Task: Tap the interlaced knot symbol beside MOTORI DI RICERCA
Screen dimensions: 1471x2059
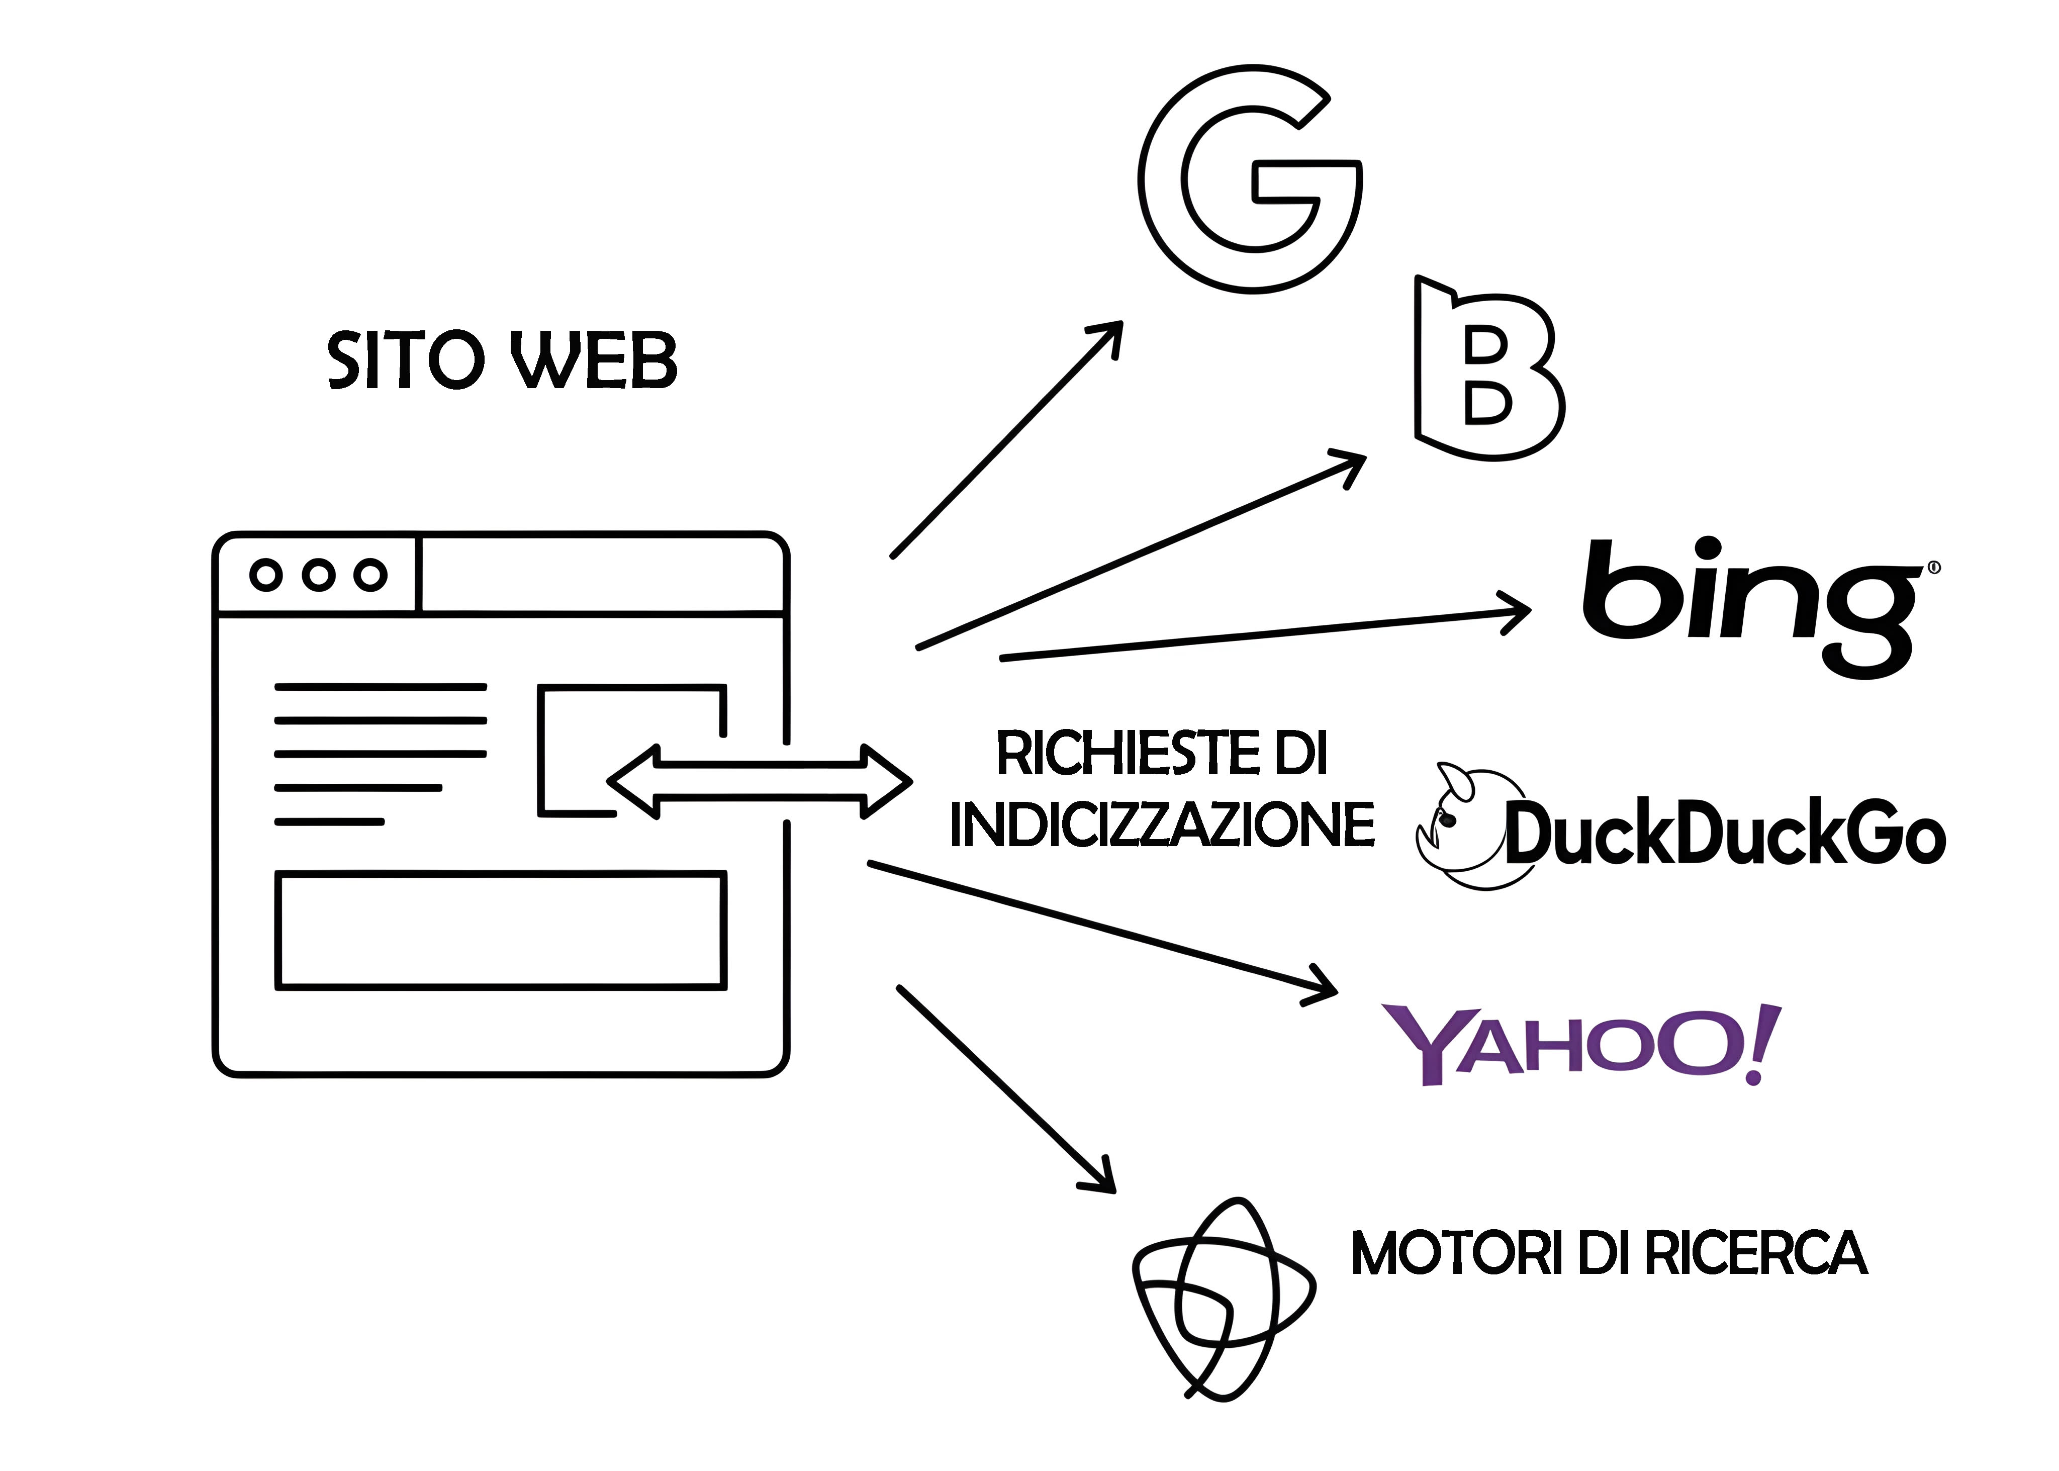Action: (1223, 1299)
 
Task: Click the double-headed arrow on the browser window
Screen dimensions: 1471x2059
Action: (759, 781)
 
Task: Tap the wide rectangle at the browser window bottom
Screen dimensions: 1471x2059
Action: (501, 930)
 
